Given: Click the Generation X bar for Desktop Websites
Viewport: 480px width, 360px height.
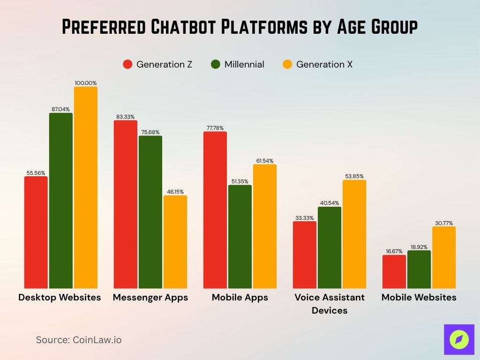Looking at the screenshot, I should tap(86, 187).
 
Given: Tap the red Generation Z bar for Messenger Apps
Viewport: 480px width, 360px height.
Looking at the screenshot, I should tap(126, 204).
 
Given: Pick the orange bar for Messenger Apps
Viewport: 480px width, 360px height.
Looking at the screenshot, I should tap(175, 242).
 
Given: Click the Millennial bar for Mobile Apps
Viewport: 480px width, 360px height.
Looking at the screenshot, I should tap(240, 237).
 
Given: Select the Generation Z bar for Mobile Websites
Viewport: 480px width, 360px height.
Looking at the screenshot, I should tap(394, 272).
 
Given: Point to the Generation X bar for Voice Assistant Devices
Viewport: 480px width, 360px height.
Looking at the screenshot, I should tap(354, 234).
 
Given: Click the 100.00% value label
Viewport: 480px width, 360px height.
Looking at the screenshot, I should tap(86, 83).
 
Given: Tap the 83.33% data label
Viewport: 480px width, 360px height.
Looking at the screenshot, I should tap(126, 117).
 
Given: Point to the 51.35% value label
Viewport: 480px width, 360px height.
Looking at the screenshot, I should tap(240, 181).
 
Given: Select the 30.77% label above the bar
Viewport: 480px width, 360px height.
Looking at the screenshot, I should tap(444, 223).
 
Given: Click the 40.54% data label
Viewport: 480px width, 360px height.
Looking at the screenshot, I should tap(330, 203).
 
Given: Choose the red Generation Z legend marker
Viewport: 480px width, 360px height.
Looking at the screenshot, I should tap(127, 64).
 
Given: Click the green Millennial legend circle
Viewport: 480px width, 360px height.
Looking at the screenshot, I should tap(215, 64).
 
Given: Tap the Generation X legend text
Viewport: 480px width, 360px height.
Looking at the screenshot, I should tap(324, 64).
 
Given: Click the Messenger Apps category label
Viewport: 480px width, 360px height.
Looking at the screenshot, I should tap(150, 297).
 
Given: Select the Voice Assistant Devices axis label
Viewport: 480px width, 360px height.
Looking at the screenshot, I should tap(330, 304).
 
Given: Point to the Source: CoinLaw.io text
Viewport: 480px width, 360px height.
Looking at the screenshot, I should tap(79, 340).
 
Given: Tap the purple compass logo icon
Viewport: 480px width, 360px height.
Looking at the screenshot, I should tap(459, 339).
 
